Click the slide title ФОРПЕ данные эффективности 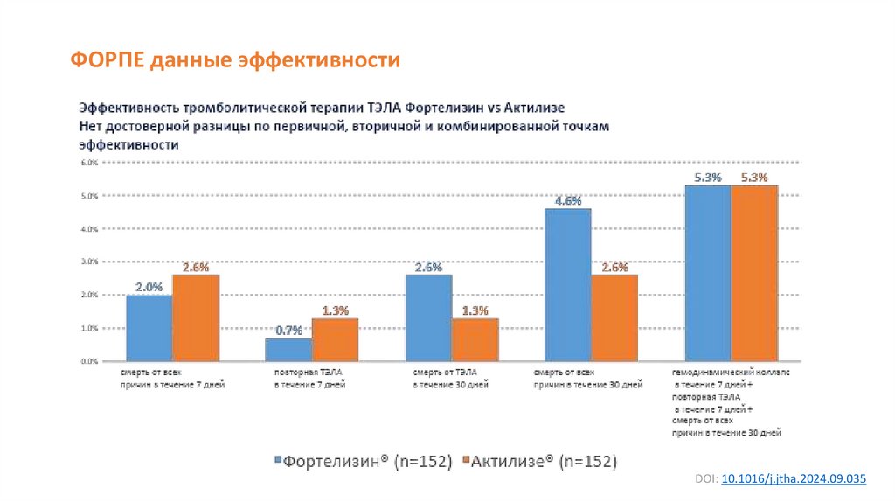point(235,60)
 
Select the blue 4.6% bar point(567,284)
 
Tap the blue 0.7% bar point(288,349)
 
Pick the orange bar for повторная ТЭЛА point(335,339)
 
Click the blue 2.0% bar point(149,328)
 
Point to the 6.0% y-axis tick point(87,163)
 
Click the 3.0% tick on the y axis point(87,261)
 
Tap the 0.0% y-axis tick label point(87,360)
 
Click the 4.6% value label point(567,200)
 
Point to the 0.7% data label point(288,330)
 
